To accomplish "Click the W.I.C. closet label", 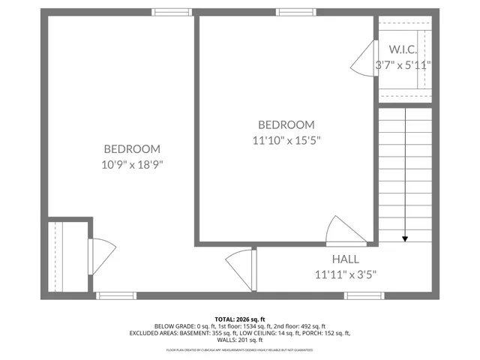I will click(x=403, y=49).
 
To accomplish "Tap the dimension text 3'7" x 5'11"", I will click(x=403, y=65).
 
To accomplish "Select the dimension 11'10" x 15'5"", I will click(x=286, y=139).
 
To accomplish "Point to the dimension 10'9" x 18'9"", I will click(x=132, y=163).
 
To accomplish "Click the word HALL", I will click(x=346, y=259).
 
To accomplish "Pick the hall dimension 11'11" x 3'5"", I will click(x=346, y=274).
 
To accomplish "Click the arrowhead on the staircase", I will click(x=405, y=238).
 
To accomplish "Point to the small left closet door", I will click(x=100, y=256).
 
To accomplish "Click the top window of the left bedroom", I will click(x=172, y=12).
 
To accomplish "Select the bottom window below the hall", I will click(x=364, y=295).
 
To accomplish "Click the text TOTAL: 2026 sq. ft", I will click(x=240, y=319).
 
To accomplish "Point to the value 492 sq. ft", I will click(x=310, y=326).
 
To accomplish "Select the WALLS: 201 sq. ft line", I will click(x=240, y=340).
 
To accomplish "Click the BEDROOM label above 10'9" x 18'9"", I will click(x=132, y=148).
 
